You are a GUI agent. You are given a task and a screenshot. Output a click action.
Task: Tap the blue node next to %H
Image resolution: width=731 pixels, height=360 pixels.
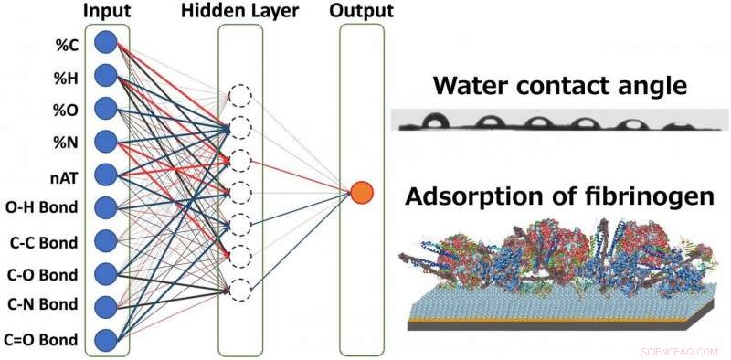pos(105,75)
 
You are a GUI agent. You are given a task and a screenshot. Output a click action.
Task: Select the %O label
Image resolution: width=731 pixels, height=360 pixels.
pos(70,108)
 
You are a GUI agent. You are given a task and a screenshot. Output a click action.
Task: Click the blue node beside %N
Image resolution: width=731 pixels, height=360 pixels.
pos(105,141)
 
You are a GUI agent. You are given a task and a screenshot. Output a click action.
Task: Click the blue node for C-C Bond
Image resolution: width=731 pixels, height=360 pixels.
pos(105,240)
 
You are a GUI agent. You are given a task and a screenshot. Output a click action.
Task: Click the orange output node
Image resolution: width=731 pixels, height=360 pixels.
pos(362,192)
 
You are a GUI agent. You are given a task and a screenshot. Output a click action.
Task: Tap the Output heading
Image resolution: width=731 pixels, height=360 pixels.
pos(363,11)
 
